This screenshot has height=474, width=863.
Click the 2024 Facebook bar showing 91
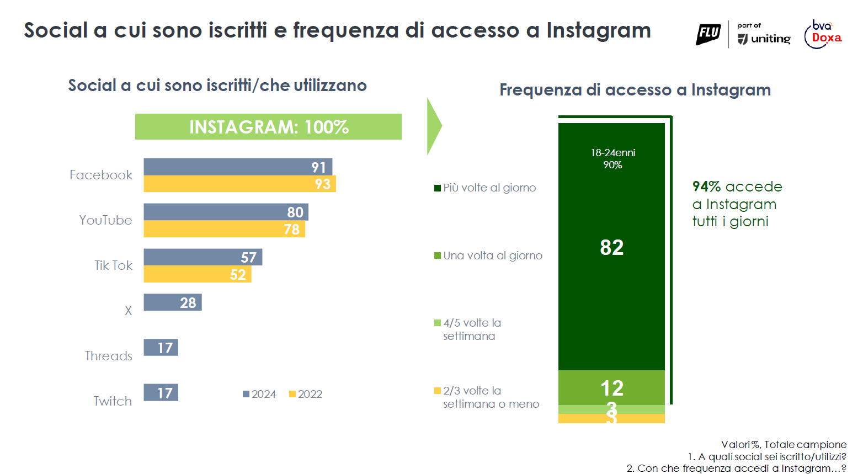point(237,167)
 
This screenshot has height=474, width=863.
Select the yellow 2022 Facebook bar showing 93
point(239,184)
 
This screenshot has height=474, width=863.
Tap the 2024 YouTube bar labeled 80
point(226,212)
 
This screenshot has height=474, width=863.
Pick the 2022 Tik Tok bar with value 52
point(197,274)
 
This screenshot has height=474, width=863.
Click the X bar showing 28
point(173,302)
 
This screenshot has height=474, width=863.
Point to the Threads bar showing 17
point(161,348)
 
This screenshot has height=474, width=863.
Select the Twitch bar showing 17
point(161,393)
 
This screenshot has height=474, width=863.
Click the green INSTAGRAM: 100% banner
point(268,127)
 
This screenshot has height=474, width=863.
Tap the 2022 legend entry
point(306,394)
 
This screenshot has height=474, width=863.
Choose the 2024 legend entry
point(259,394)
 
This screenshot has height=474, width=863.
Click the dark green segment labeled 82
point(611,247)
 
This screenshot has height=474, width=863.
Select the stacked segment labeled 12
point(611,388)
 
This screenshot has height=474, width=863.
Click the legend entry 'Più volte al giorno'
point(485,188)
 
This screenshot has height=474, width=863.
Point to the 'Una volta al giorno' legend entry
point(488,255)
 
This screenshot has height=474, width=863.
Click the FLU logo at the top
point(708,34)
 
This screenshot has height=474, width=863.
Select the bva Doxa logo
point(823,34)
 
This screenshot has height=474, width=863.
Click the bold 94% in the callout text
point(706,187)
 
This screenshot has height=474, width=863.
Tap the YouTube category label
point(105,220)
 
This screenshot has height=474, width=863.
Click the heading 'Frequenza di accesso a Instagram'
point(635,90)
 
